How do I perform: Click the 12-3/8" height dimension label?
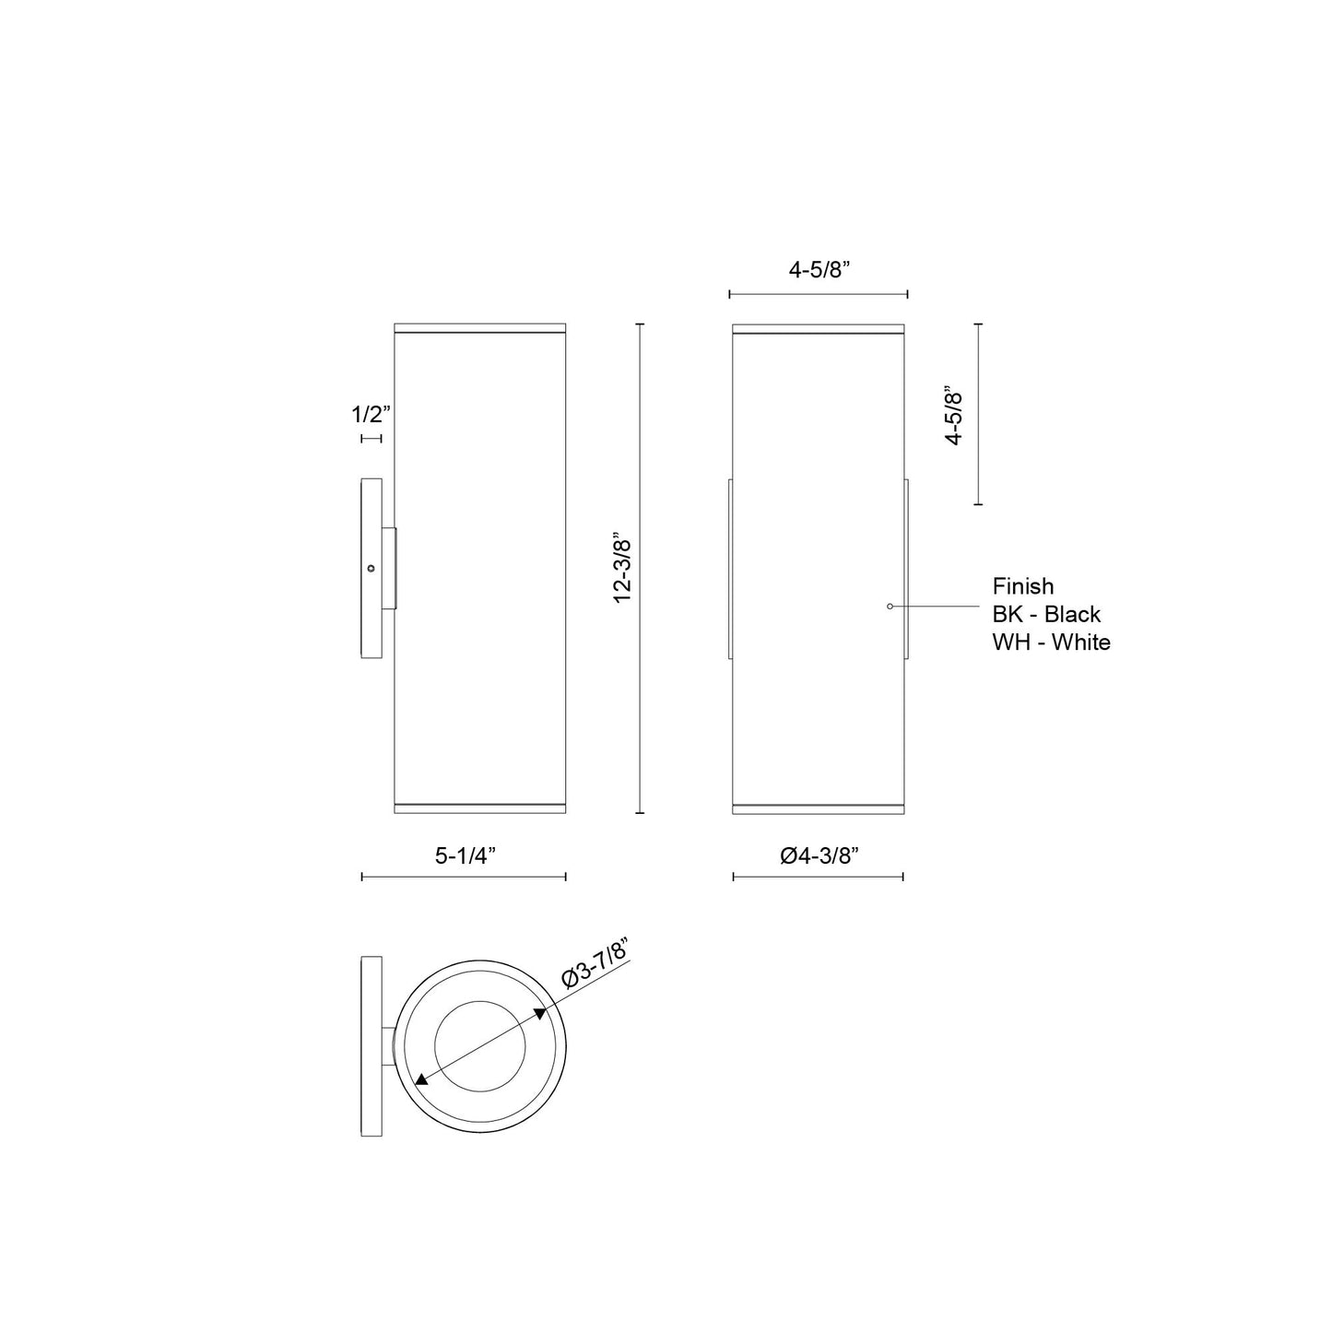click(624, 570)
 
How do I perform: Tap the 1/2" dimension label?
click(371, 414)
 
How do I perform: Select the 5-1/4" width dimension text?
click(466, 855)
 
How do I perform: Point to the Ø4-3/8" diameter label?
click(819, 855)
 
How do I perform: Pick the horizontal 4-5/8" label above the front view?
click(819, 270)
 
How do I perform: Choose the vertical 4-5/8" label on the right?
click(954, 418)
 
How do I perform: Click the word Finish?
click(1023, 586)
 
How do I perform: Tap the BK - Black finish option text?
click(1046, 614)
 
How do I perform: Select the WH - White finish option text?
click(1051, 642)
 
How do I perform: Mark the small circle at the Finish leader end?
click(890, 606)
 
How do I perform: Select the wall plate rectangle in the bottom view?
click(371, 1046)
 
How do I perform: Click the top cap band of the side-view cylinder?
click(479, 328)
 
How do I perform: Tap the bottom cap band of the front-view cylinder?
click(819, 808)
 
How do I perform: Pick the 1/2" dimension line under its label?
click(371, 439)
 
